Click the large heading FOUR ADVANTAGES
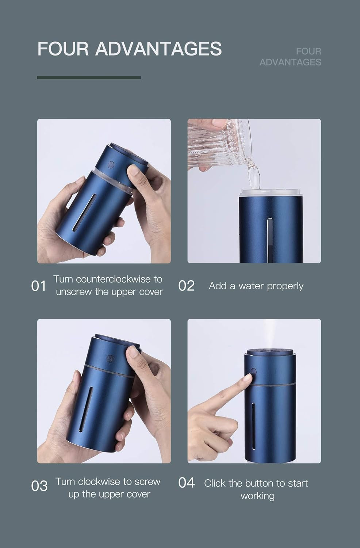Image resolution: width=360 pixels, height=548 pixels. point(129,49)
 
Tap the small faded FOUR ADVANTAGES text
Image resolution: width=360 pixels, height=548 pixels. point(290,57)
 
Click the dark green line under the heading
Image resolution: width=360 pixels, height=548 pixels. point(89,77)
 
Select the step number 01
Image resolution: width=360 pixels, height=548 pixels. point(39,286)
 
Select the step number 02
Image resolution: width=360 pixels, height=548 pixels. point(186,286)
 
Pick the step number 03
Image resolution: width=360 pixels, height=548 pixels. point(39,486)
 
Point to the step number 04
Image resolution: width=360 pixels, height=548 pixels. point(186,483)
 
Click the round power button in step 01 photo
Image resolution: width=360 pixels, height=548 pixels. point(111,164)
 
